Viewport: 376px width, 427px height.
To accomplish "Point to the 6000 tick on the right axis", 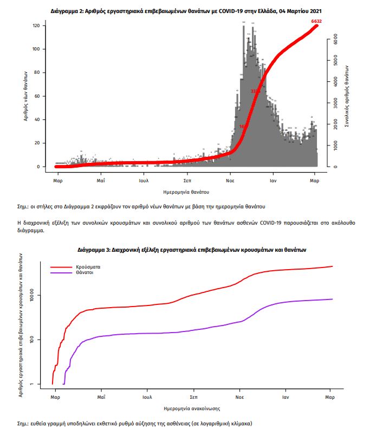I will pyautogui.click(x=336, y=40).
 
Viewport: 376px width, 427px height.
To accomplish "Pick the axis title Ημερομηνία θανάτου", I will pyautogui.click(x=186, y=192).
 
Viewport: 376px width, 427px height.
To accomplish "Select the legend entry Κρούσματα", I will pyautogui.click(x=90, y=267).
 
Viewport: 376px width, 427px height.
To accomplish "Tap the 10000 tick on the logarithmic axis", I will pyautogui.click(x=40, y=296).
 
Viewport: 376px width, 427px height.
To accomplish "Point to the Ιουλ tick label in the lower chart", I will pyautogui.click(x=147, y=397).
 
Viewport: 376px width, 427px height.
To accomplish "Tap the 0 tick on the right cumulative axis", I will pyautogui.click(x=336, y=167).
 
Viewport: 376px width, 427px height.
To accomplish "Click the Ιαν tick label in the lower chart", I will pyautogui.click(x=284, y=397).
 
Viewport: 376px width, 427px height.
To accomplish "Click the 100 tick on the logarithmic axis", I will pyautogui.click(x=40, y=340).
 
